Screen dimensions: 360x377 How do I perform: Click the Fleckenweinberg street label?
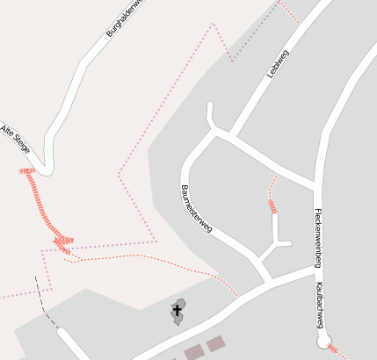tap(318, 237)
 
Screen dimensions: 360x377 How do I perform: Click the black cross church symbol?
tap(177, 309)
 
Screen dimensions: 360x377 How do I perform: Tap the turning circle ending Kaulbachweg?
tap(323, 339)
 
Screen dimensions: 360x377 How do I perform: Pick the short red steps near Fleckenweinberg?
tap(272, 206)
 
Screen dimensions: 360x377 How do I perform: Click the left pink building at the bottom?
tap(194, 352)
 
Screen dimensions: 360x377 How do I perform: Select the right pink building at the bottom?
tap(215, 343)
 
